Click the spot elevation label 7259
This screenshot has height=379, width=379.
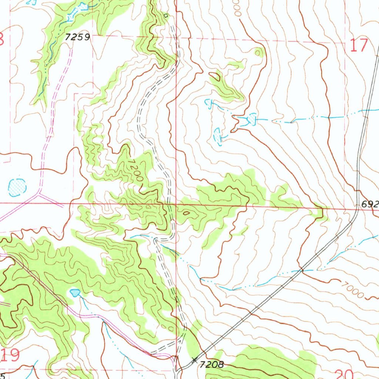77,37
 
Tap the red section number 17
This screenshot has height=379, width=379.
359,46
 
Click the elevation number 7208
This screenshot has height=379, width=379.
212,365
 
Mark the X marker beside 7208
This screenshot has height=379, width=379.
194,360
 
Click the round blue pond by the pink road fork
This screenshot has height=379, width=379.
17,187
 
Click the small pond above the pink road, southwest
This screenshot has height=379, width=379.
75,293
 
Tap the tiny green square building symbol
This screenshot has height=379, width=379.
166,15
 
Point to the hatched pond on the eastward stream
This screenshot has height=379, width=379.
252,119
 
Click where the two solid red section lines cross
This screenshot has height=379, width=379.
176,204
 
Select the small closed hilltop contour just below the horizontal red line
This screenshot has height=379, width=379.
185,213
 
